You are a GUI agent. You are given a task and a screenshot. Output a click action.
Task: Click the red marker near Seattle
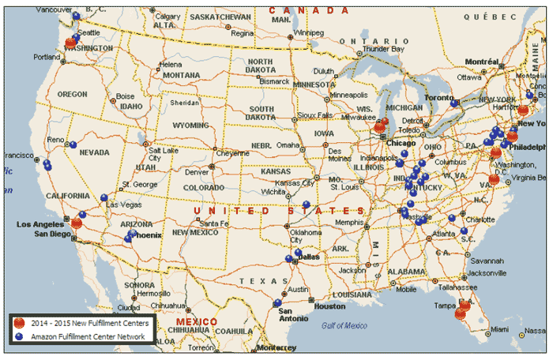(71, 43)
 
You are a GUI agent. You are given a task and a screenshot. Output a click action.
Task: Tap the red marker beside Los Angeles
(76, 223)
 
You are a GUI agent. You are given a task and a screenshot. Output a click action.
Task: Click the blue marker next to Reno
(73, 145)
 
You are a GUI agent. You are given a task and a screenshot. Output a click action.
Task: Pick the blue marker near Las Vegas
(103, 197)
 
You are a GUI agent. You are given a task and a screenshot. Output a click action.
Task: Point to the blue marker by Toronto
(453, 103)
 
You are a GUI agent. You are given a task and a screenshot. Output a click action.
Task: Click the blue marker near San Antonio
(277, 302)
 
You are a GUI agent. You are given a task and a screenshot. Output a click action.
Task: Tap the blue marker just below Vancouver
(76, 16)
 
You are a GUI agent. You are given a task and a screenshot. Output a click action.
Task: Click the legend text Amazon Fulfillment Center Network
(88, 336)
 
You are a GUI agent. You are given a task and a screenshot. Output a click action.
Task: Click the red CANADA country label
(309, 9)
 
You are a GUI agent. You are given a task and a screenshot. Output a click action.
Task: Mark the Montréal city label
(482, 62)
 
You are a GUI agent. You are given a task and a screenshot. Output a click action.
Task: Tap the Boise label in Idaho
(126, 97)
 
